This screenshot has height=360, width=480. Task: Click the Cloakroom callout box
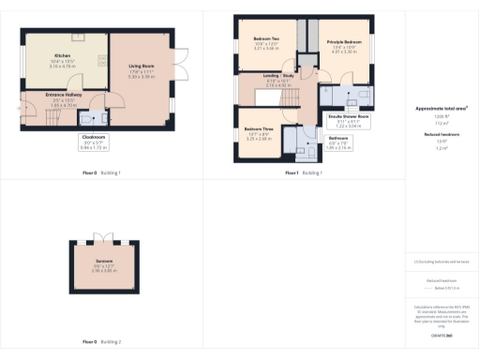click(92, 142)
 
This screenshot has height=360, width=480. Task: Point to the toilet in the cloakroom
click(86, 119)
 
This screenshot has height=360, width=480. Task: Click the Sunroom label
click(104, 264)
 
